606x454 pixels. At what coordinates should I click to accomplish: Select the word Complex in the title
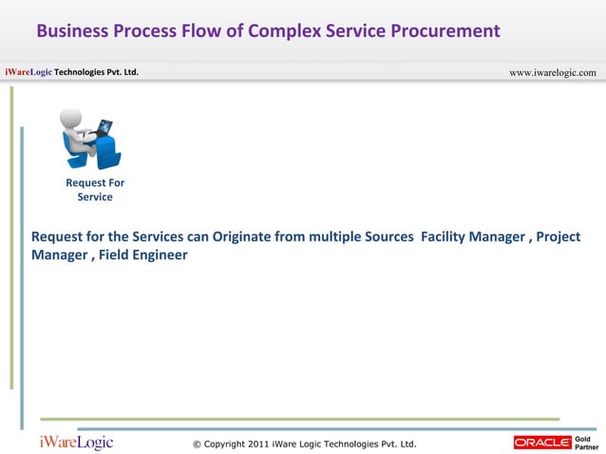[x=284, y=31]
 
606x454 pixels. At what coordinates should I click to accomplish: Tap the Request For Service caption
[x=95, y=190]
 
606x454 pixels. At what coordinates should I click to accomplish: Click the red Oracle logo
[x=541, y=443]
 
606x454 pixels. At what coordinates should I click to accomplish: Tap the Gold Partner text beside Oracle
[x=587, y=443]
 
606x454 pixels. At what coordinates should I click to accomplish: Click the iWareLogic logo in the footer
[x=76, y=443]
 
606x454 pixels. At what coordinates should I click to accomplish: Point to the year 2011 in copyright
[x=256, y=444]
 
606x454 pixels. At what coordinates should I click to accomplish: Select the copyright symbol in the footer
[x=197, y=444]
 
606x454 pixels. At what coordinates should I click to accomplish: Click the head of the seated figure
[x=71, y=118]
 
